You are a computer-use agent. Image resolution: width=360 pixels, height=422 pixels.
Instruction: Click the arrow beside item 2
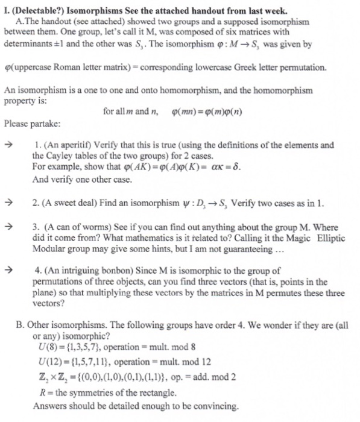pyautogui.click(x=8, y=204)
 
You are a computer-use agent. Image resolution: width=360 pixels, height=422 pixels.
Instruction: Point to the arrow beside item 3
pyautogui.click(x=8, y=227)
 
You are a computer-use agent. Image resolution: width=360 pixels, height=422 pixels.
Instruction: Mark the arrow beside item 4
pyautogui.click(x=8, y=271)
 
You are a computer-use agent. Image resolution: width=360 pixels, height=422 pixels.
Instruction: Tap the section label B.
pyautogui.click(x=21, y=324)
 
